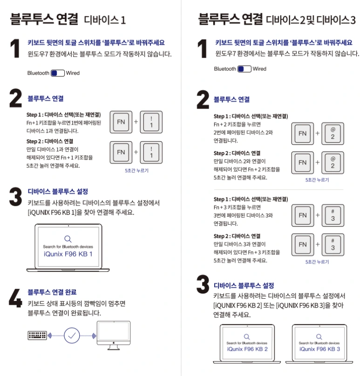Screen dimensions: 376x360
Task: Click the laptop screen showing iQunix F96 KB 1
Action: pos(68,246)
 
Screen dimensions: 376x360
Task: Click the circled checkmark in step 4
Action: pos(72,335)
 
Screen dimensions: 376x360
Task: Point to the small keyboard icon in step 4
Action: pos(37,335)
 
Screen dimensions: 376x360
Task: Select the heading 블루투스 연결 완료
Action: pos(52,292)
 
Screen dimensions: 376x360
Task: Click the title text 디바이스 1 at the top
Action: pos(105,20)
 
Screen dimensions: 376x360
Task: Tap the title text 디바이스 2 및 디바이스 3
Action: pos(311,20)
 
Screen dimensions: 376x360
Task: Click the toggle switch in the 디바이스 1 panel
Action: pos(57,73)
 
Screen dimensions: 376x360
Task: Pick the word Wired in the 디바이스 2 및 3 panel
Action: pos(259,69)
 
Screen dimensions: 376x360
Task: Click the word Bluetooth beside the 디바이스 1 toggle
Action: pos(38,73)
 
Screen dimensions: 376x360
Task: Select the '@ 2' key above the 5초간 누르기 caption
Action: pos(333,163)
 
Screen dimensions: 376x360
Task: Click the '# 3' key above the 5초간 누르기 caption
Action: pos(333,245)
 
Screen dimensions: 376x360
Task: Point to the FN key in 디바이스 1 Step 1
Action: pos(121,122)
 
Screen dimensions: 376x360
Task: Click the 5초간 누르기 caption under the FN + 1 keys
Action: pos(136,171)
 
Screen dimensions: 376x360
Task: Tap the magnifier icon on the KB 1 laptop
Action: pos(68,238)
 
